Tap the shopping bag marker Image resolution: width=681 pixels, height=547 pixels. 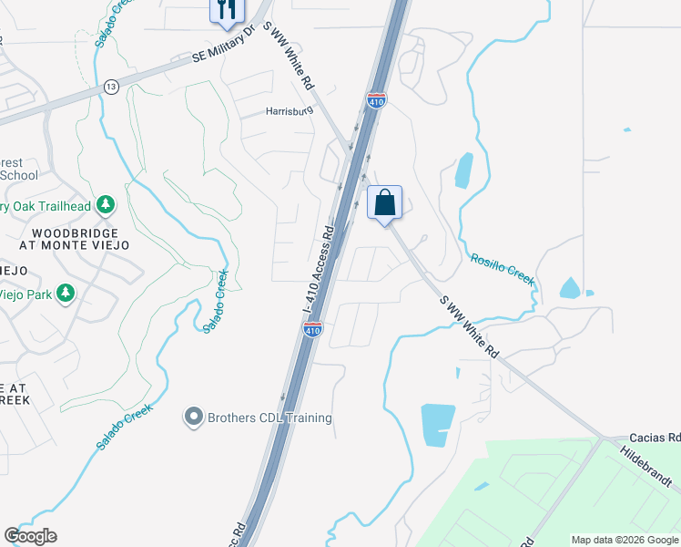click(384, 202)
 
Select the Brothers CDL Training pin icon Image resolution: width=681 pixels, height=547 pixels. click(193, 418)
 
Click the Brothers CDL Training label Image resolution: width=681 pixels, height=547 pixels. click(269, 418)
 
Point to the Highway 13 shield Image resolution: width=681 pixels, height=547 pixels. click(111, 86)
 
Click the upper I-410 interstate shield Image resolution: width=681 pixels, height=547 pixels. click(377, 100)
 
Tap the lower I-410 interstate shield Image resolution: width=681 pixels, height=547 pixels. click(312, 330)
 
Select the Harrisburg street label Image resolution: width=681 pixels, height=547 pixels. click(289, 111)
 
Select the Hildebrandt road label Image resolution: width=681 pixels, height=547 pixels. click(650, 466)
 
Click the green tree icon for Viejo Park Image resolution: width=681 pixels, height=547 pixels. click(65, 293)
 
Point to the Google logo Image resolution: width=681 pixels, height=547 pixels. click(30, 536)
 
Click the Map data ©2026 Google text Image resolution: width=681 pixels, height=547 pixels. click(624, 540)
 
